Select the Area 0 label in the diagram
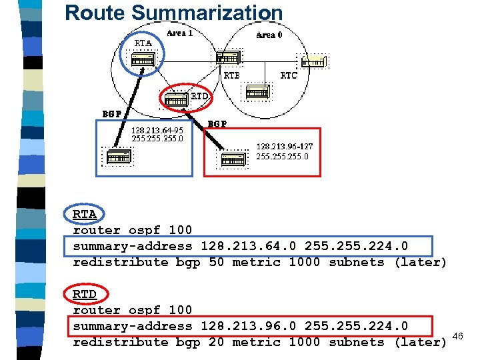click(269, 35)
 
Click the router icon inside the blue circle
click(143, 60)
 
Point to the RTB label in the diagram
click(231, 75)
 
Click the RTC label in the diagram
click(288, 75)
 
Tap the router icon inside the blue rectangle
click(119, 157)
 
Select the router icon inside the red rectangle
click(233, 159)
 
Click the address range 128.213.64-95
click(157, 130)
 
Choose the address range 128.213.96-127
click(285, 146)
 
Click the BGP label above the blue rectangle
click(111, 113)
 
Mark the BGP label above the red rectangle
click(217, 123)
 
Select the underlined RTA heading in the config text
click(85, 214)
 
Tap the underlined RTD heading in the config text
click(85, 294)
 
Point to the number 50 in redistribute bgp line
click(217, 262)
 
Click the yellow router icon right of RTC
click(313, 62)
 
